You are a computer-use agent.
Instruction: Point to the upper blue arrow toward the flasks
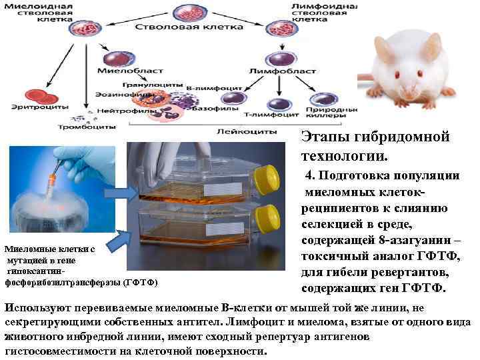121,193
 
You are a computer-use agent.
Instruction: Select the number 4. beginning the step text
311,176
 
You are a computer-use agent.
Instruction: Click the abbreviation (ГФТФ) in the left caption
141,282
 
